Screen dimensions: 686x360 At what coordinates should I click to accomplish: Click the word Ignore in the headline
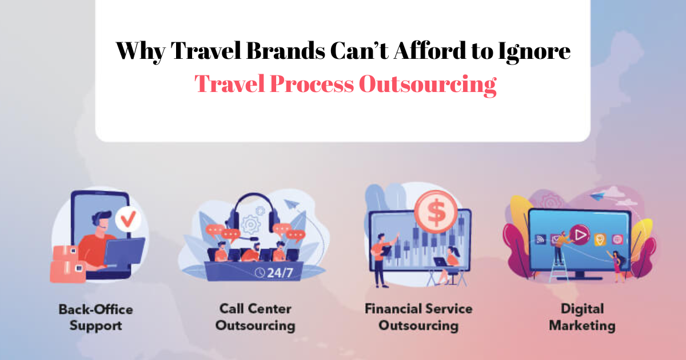click(534, 52)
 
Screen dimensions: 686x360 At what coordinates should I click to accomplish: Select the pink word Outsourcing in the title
click(428, 85)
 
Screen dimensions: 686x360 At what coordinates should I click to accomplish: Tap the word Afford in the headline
click(430, 50)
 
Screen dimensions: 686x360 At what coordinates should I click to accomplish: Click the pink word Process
click(312, 83)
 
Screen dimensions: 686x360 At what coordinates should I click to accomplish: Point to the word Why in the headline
click(141, 51)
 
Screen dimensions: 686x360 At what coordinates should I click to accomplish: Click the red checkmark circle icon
click(128, 219)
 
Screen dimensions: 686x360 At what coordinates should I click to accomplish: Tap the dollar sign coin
click(436, 211)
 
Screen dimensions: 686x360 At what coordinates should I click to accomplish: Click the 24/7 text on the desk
click(280, 273)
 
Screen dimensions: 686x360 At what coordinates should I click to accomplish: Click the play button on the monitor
click(580, 235)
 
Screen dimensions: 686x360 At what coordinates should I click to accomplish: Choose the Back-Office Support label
click(96, 318)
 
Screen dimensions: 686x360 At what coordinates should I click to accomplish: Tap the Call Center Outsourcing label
click(255, 317)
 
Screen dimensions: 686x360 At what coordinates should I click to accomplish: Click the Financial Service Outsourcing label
click(418, 317)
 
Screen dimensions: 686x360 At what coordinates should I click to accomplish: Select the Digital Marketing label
click(582, 317)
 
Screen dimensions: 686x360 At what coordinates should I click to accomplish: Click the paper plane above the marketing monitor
click(597, 195)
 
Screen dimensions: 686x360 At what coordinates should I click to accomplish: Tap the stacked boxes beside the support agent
click(68, 263)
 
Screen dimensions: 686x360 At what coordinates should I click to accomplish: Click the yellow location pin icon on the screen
click(600, 239)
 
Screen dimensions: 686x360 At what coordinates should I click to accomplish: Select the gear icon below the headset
click(251, 225)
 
